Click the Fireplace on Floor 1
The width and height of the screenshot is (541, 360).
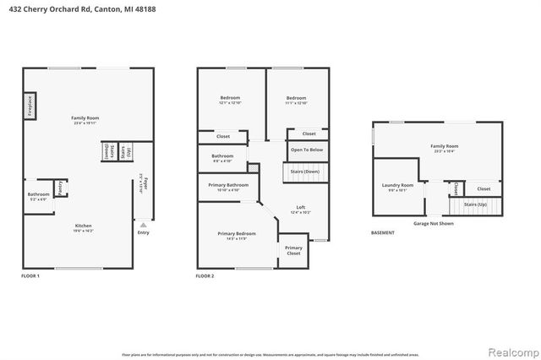click(29, 106)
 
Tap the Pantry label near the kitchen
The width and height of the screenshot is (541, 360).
click(60, 186)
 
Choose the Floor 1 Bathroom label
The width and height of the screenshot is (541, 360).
click(38, 195)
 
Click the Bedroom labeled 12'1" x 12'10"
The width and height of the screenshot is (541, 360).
click(230, 100)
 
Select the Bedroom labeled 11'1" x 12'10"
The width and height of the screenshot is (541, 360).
click(296, 100)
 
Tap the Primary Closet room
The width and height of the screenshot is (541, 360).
click(292, 250)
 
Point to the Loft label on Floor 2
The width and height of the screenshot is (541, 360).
click(300, 210)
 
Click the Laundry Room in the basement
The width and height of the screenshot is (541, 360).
click(396, 187)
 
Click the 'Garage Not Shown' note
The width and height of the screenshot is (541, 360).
click(433, 224)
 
